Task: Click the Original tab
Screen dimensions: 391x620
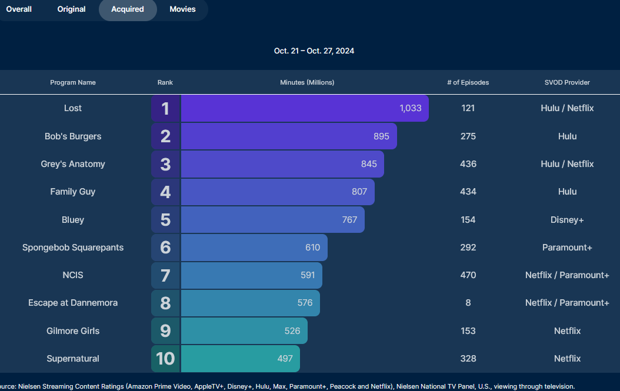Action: (71, 9)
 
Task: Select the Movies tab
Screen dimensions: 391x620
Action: (182, 9)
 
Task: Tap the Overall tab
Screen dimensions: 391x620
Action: (19, 9)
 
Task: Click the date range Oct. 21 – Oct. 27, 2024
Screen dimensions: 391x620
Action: (314, 51)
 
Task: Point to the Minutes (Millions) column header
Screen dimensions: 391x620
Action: (307, 83)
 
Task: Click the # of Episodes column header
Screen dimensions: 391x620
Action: (468, 83)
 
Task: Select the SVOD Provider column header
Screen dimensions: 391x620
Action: (567, 83)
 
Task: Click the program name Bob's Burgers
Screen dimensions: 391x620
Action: (73, 136)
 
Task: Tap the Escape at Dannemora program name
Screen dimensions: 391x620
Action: (73, 303)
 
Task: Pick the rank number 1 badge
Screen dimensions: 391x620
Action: (165, 109)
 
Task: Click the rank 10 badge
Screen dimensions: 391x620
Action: (165, 359)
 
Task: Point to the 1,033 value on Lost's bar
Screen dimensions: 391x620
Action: (411, 109)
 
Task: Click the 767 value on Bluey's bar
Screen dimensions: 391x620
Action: (349, 220)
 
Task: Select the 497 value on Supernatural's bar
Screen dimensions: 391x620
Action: (285, 359)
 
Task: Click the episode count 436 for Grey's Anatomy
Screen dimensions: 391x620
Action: (468, 164)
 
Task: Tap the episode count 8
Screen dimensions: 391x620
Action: (468, 303)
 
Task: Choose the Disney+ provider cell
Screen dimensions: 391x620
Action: (567, 220)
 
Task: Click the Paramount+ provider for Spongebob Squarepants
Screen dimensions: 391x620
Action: (567, 248)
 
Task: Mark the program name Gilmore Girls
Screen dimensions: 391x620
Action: (73, 331)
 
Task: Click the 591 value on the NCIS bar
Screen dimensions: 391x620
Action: (308, 275)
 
